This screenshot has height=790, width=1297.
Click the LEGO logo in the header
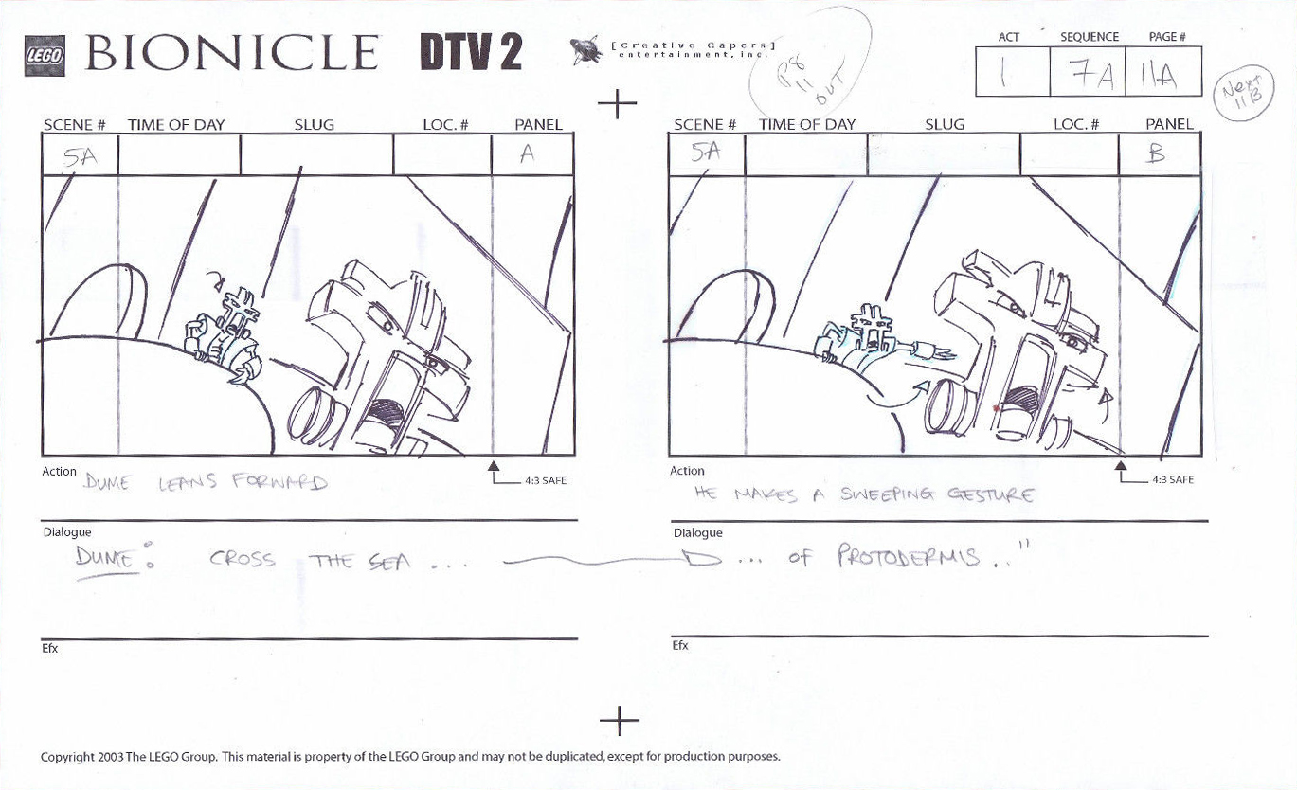[44, 56]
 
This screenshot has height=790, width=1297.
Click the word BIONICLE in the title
[232, 53]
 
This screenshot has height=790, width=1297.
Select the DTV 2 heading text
[471, 53]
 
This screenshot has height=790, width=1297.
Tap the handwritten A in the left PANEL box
[527, 153]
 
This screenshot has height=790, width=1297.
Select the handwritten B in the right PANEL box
[1156, 153]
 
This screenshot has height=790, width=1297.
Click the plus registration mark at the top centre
[618, 102]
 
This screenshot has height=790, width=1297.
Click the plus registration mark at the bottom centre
[619, 721]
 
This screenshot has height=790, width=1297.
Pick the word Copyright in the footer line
[66, 757]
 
